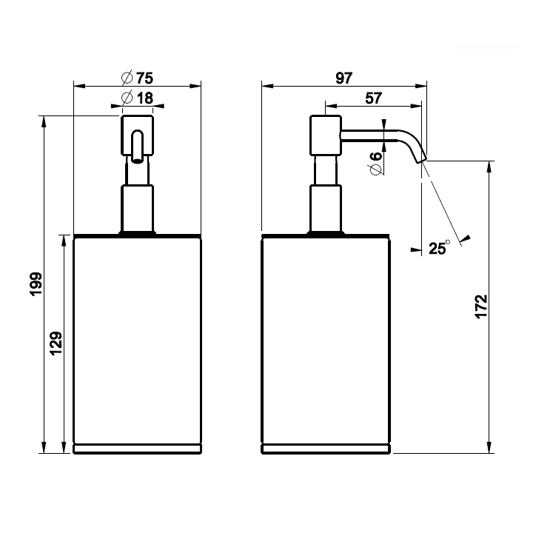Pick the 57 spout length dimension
tap(374, 98)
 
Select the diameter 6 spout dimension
tap(375, 162)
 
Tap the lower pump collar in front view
tap(137, 209)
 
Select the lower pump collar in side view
tap(325, 209)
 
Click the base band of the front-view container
tap(137, 448)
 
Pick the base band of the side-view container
tap(326, 448)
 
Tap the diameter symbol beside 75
tap(126, 78)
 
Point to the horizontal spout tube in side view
tap(370, 134)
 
